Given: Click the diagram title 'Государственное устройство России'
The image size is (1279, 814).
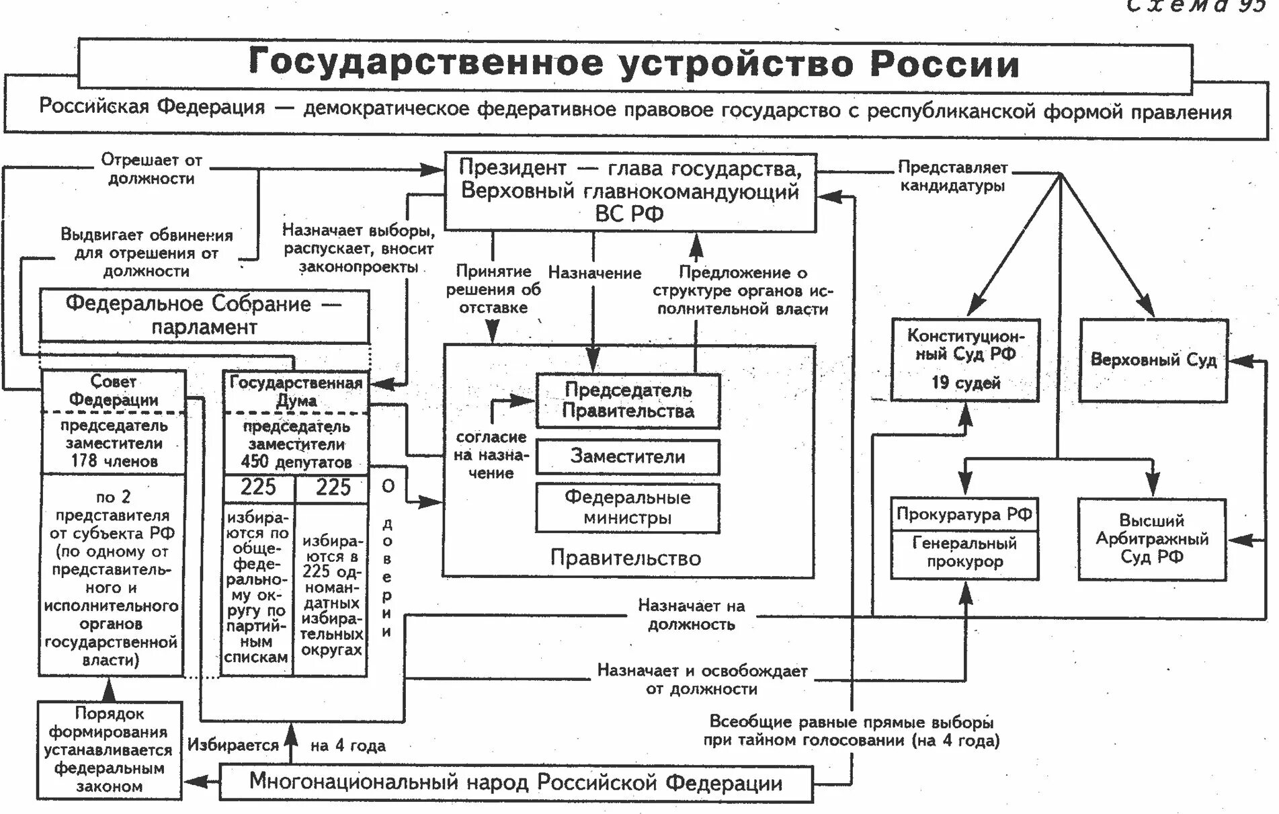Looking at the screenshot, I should [634, 64].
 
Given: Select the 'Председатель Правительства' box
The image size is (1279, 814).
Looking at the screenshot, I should [628, 401].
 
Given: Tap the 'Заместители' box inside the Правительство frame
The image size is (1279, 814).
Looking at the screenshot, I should [628, 457].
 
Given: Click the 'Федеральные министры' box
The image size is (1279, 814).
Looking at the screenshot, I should [628, 508].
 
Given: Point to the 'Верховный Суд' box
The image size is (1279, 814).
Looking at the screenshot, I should [1153, 360].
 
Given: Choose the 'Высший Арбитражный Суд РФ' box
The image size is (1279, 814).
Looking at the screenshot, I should [1152, 539].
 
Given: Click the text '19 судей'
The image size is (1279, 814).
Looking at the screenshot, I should [965, 383].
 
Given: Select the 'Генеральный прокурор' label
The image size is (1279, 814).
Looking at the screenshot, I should [964, 553].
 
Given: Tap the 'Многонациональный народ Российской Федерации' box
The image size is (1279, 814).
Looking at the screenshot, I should [515, 783].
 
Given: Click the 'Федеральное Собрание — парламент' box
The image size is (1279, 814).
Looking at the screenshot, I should [204, 316].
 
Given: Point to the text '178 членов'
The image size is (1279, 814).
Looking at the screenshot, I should [114, 461].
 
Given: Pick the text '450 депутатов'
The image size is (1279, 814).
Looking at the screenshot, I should [296, 462].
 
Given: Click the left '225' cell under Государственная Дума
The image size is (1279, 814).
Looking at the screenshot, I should [258, 487].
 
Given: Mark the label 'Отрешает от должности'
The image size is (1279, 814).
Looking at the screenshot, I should [151, 169].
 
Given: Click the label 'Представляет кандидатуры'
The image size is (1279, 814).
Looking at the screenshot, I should [952, 177].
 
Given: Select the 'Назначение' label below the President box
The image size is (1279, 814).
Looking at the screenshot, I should [594, 273].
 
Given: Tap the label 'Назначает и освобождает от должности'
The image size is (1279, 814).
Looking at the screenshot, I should [702, 680].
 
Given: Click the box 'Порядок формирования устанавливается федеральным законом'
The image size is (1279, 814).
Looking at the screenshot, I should [109, 750].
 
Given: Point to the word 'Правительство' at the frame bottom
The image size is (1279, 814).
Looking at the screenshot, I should [625, 558].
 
